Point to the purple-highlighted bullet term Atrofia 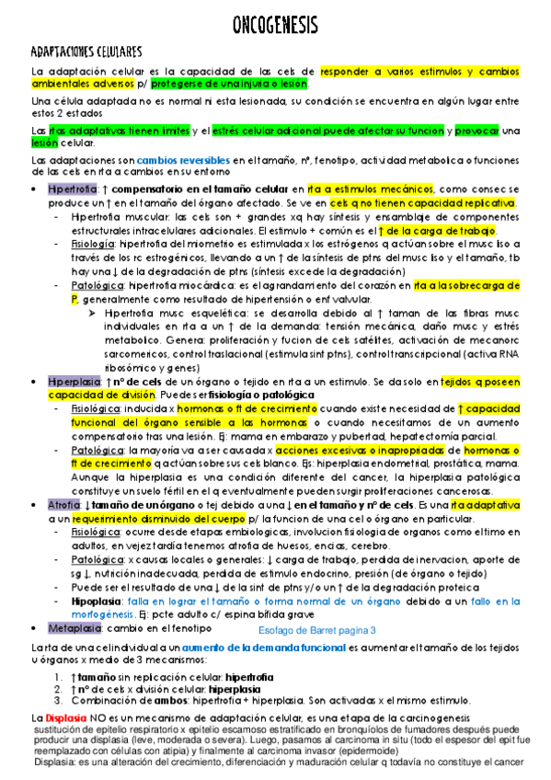63,505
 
